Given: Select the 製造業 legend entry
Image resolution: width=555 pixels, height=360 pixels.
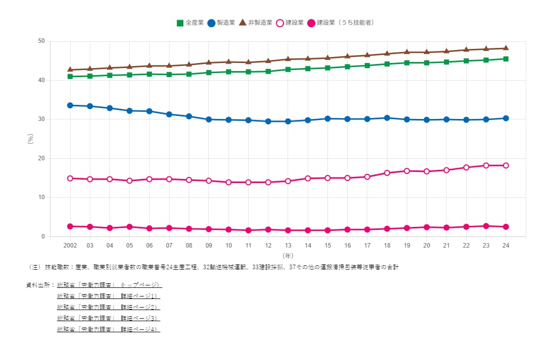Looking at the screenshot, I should tap(221, 23).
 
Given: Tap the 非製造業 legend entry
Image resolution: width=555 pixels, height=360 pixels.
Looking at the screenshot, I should tap(256, 23).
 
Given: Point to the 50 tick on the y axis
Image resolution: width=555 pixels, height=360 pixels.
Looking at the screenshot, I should tap(41, 41).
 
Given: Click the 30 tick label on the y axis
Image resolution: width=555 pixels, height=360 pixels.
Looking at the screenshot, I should tap(41, 119).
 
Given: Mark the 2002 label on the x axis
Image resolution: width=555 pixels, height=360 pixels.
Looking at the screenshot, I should tap(70, 246).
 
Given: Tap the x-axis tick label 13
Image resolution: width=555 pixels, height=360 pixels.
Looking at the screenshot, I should tap(288, 246).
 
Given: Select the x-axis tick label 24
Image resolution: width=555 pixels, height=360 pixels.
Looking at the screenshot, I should tap(506, 246).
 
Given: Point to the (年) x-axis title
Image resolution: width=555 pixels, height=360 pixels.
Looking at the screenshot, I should tap(288, 256).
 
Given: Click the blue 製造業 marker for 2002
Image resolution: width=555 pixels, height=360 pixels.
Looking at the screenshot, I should tap(70, 105).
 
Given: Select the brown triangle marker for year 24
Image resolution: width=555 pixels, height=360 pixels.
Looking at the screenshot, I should tap(506, 48).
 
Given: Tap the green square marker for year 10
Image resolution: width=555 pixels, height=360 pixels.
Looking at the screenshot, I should tap(229, 72).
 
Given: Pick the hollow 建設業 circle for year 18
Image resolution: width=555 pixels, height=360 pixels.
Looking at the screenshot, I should tap(387, 173).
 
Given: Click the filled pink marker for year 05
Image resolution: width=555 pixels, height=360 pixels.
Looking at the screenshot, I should tap(130, 227).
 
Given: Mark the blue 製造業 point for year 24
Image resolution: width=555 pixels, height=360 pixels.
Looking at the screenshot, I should tap(506, 118).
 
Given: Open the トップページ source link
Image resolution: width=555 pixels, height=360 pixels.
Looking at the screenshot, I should tap(109, 285).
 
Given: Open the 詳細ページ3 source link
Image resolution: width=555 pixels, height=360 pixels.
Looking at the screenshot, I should tap(108, 318).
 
